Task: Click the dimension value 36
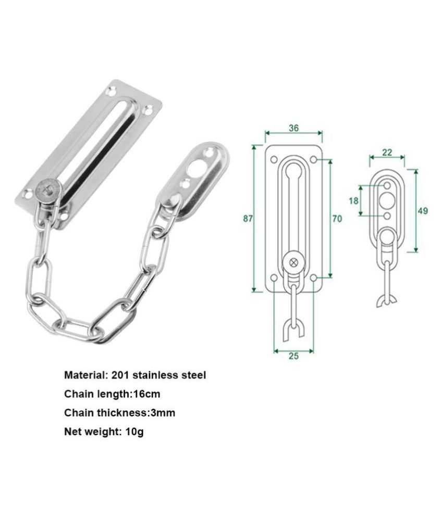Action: (x=293, y=128)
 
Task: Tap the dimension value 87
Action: (x=248, y=219)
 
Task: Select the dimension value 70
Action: (x=337, y=219)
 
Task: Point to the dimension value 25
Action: (x=293, y=357)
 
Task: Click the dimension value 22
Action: (x=387, y=152)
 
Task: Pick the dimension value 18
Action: (x=354, y=200)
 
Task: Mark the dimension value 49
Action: (x=423, y=211)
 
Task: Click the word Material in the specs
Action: (x=85, y=374)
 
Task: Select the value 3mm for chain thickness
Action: (x=162, y=413)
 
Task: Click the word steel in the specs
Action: (x=193, y=374)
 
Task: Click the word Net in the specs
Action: (x=73, y=432)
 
